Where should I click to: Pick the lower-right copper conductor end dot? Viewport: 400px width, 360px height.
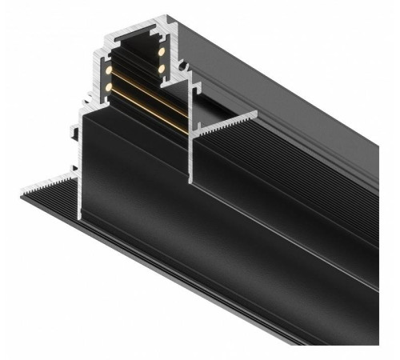click(x=161, y=69)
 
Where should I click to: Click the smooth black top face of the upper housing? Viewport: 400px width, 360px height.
click(x=264, y=64)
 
